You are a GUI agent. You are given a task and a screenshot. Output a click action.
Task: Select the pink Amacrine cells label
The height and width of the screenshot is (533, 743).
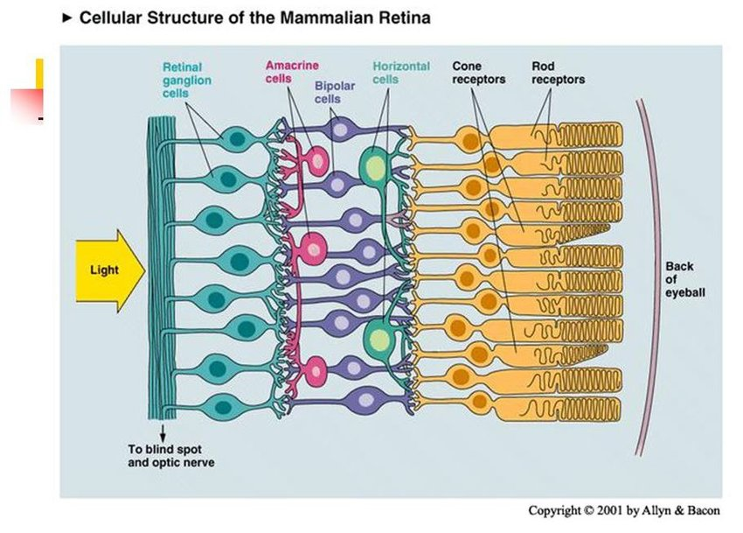291,72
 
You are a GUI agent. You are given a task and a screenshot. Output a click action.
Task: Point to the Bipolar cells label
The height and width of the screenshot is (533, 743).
334,93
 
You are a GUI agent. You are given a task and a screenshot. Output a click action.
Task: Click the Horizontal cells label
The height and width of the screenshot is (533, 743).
400,72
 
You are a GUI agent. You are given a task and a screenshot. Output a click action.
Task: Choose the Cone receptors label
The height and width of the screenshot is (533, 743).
478,73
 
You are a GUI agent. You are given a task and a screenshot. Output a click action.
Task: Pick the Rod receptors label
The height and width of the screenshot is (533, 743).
558,73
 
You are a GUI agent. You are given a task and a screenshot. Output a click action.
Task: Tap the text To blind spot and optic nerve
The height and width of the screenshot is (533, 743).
170,455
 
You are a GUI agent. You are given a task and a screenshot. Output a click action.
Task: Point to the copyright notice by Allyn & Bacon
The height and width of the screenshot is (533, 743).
625,510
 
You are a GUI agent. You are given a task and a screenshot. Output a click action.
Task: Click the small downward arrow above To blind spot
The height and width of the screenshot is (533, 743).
163,431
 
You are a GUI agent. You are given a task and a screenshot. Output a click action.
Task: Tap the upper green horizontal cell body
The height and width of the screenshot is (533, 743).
375,165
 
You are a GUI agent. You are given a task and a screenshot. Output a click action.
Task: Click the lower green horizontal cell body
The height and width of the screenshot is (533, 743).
379,337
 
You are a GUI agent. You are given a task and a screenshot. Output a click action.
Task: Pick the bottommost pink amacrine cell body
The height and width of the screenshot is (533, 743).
315,368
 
